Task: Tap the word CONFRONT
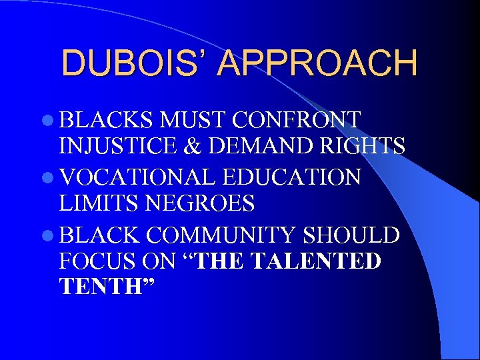pos(298,120)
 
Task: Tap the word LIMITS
pos(97,203)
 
